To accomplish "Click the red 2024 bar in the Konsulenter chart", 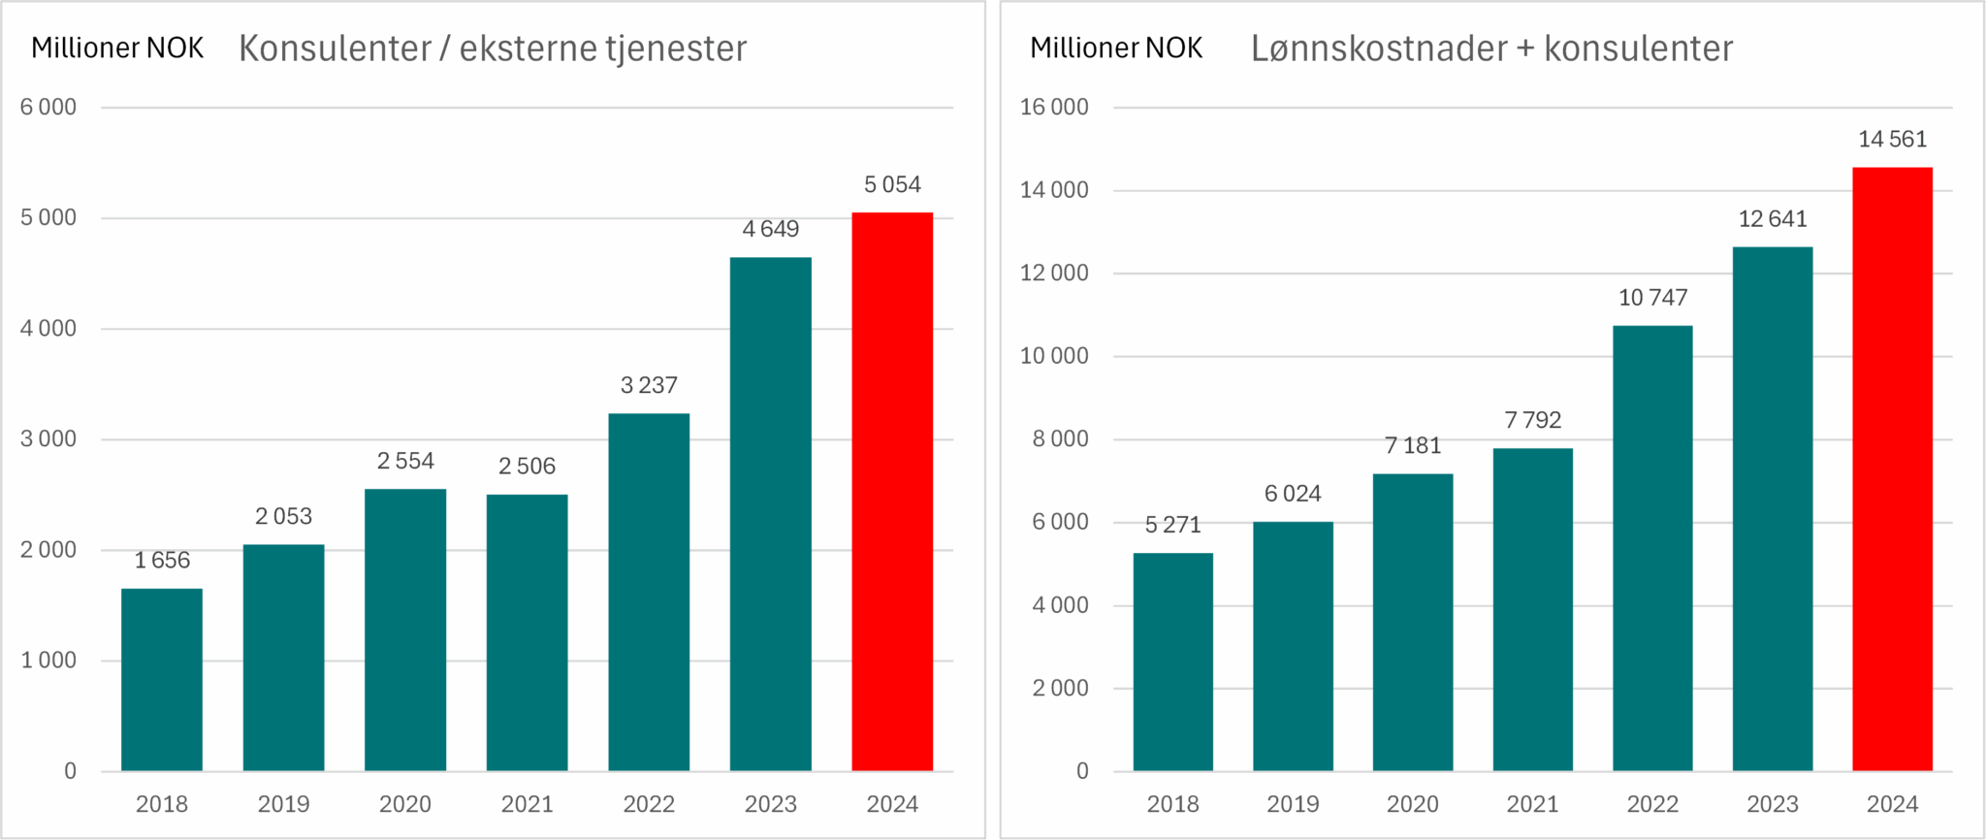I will point(892,491).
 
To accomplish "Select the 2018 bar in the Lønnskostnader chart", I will point(1172,662).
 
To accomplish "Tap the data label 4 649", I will point(771,229).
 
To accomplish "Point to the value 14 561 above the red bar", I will point(1892,140).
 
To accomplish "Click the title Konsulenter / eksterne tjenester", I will point(493,48).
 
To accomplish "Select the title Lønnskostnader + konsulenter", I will point(1491,48).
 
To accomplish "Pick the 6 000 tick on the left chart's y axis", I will point(48,107).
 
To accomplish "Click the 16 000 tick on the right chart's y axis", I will point(1054,107).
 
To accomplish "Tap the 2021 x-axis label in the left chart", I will point(527,804).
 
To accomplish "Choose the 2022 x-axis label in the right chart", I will point(1652,804).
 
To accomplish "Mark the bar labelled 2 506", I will point(527,632).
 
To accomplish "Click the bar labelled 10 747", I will point(1652,548).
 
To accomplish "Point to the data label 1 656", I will point(162,561).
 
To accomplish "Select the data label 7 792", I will point(1533,420).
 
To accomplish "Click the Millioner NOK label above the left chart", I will point(117,48).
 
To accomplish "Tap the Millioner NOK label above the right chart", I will point(1116,48).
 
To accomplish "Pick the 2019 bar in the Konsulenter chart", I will point(283,658).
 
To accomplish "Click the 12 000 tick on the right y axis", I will point(1054,274).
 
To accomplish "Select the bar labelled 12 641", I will point(1773,508).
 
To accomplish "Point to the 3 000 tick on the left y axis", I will point(48,438).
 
